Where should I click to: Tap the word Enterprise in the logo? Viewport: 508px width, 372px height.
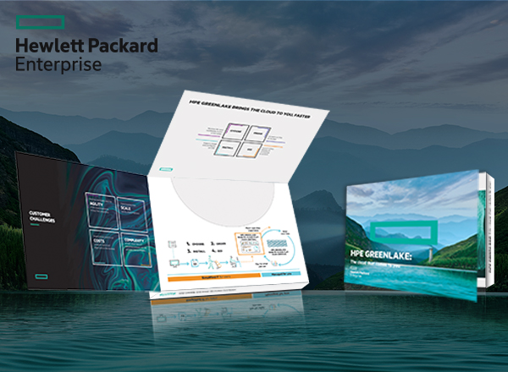(x=58, y=64)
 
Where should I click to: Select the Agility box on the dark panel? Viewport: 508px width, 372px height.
(x=102, y=208)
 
